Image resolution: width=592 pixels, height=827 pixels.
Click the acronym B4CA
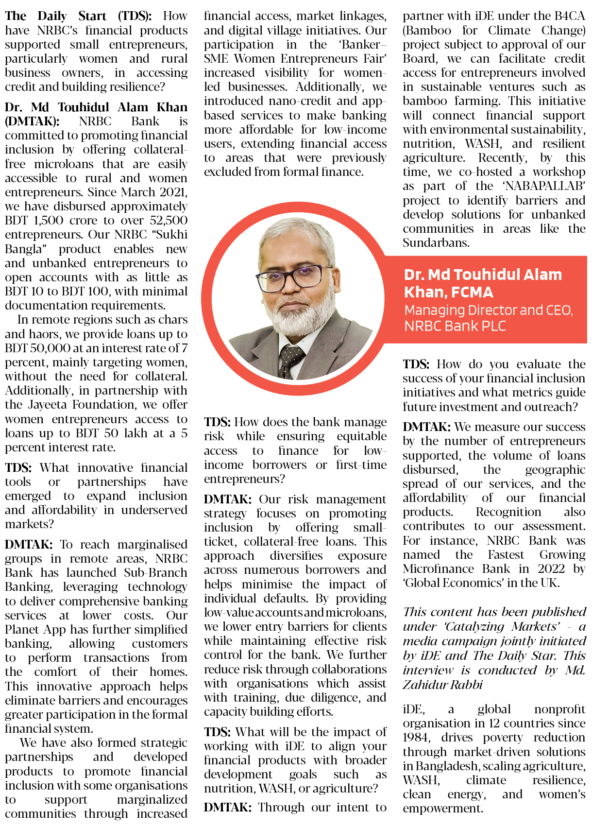[x=567, y=16]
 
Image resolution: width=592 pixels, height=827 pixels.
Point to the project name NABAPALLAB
[x=544, y=187]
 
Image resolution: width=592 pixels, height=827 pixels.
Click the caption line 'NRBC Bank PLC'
[x=455, y=326]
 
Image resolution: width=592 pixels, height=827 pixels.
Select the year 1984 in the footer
[x=416, y=738]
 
